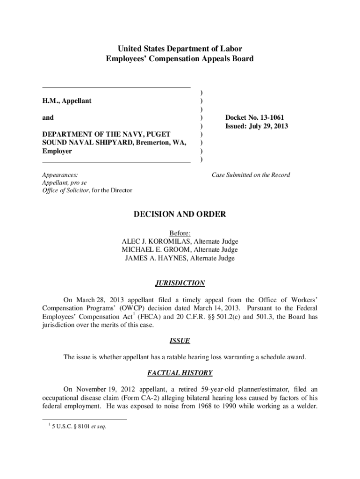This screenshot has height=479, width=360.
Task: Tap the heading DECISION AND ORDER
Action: (x=180, y=214)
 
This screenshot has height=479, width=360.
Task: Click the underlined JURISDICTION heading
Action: (x=180, y=283)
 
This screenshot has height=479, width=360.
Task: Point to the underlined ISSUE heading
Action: (x=180, y=341)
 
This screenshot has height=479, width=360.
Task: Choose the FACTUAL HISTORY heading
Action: (x=180, y=373)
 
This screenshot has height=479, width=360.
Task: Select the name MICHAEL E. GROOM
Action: (x=151, y=250)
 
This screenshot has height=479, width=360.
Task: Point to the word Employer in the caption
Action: (x=57, y=152)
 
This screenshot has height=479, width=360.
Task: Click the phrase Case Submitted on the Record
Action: (x=251, y=175)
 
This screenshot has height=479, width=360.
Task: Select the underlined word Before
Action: (x=180, y=233)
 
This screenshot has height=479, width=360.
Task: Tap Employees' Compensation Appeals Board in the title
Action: (x=180, y=59)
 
